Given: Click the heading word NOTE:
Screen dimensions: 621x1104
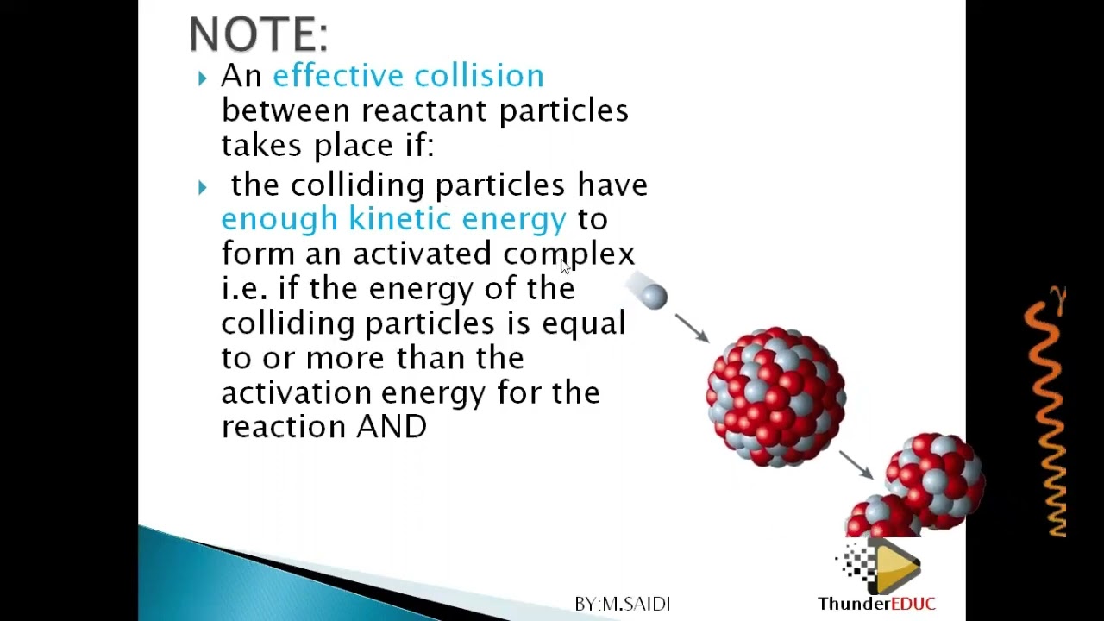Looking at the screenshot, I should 258,35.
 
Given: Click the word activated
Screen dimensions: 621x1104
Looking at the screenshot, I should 422,254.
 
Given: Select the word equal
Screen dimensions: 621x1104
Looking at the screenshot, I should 583,324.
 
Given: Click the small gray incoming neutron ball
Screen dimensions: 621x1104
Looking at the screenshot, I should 654,297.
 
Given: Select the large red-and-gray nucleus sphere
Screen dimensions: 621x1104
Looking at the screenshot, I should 775,397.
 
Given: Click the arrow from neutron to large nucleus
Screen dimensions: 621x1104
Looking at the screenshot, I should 692,328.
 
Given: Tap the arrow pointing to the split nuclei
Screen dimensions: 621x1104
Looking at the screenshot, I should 856,464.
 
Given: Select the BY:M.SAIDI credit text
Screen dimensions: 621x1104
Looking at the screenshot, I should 622,604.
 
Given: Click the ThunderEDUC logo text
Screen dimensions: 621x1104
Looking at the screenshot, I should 876,604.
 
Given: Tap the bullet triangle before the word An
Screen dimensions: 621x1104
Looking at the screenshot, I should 202,78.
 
